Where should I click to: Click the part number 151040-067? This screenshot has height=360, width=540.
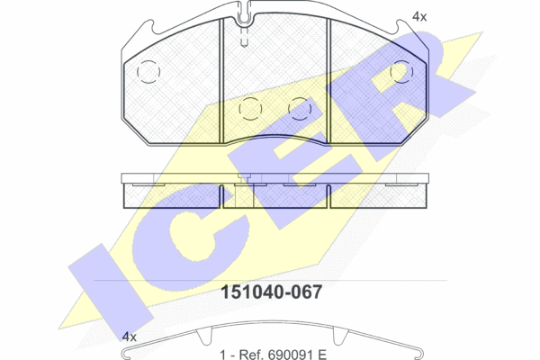pyautogui.click(x=272, y=292)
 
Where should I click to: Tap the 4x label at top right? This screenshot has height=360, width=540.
pyautogui.click(x=419, y=16)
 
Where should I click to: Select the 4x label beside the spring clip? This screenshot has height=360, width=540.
pyautogui.click(x=130, y=337)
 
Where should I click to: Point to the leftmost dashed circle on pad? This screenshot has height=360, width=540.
pyautogui.click(x=148, y=72)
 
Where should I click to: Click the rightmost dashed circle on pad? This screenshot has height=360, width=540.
pyautogui.click(x=401, y=72)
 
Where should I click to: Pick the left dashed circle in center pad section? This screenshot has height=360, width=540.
pyautogui.click(x=250, y=109)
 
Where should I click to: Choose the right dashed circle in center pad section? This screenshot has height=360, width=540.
pyautogui.click(x=300, y=109)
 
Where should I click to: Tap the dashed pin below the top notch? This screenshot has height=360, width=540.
pyautogui.click(x=244, y=37)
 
